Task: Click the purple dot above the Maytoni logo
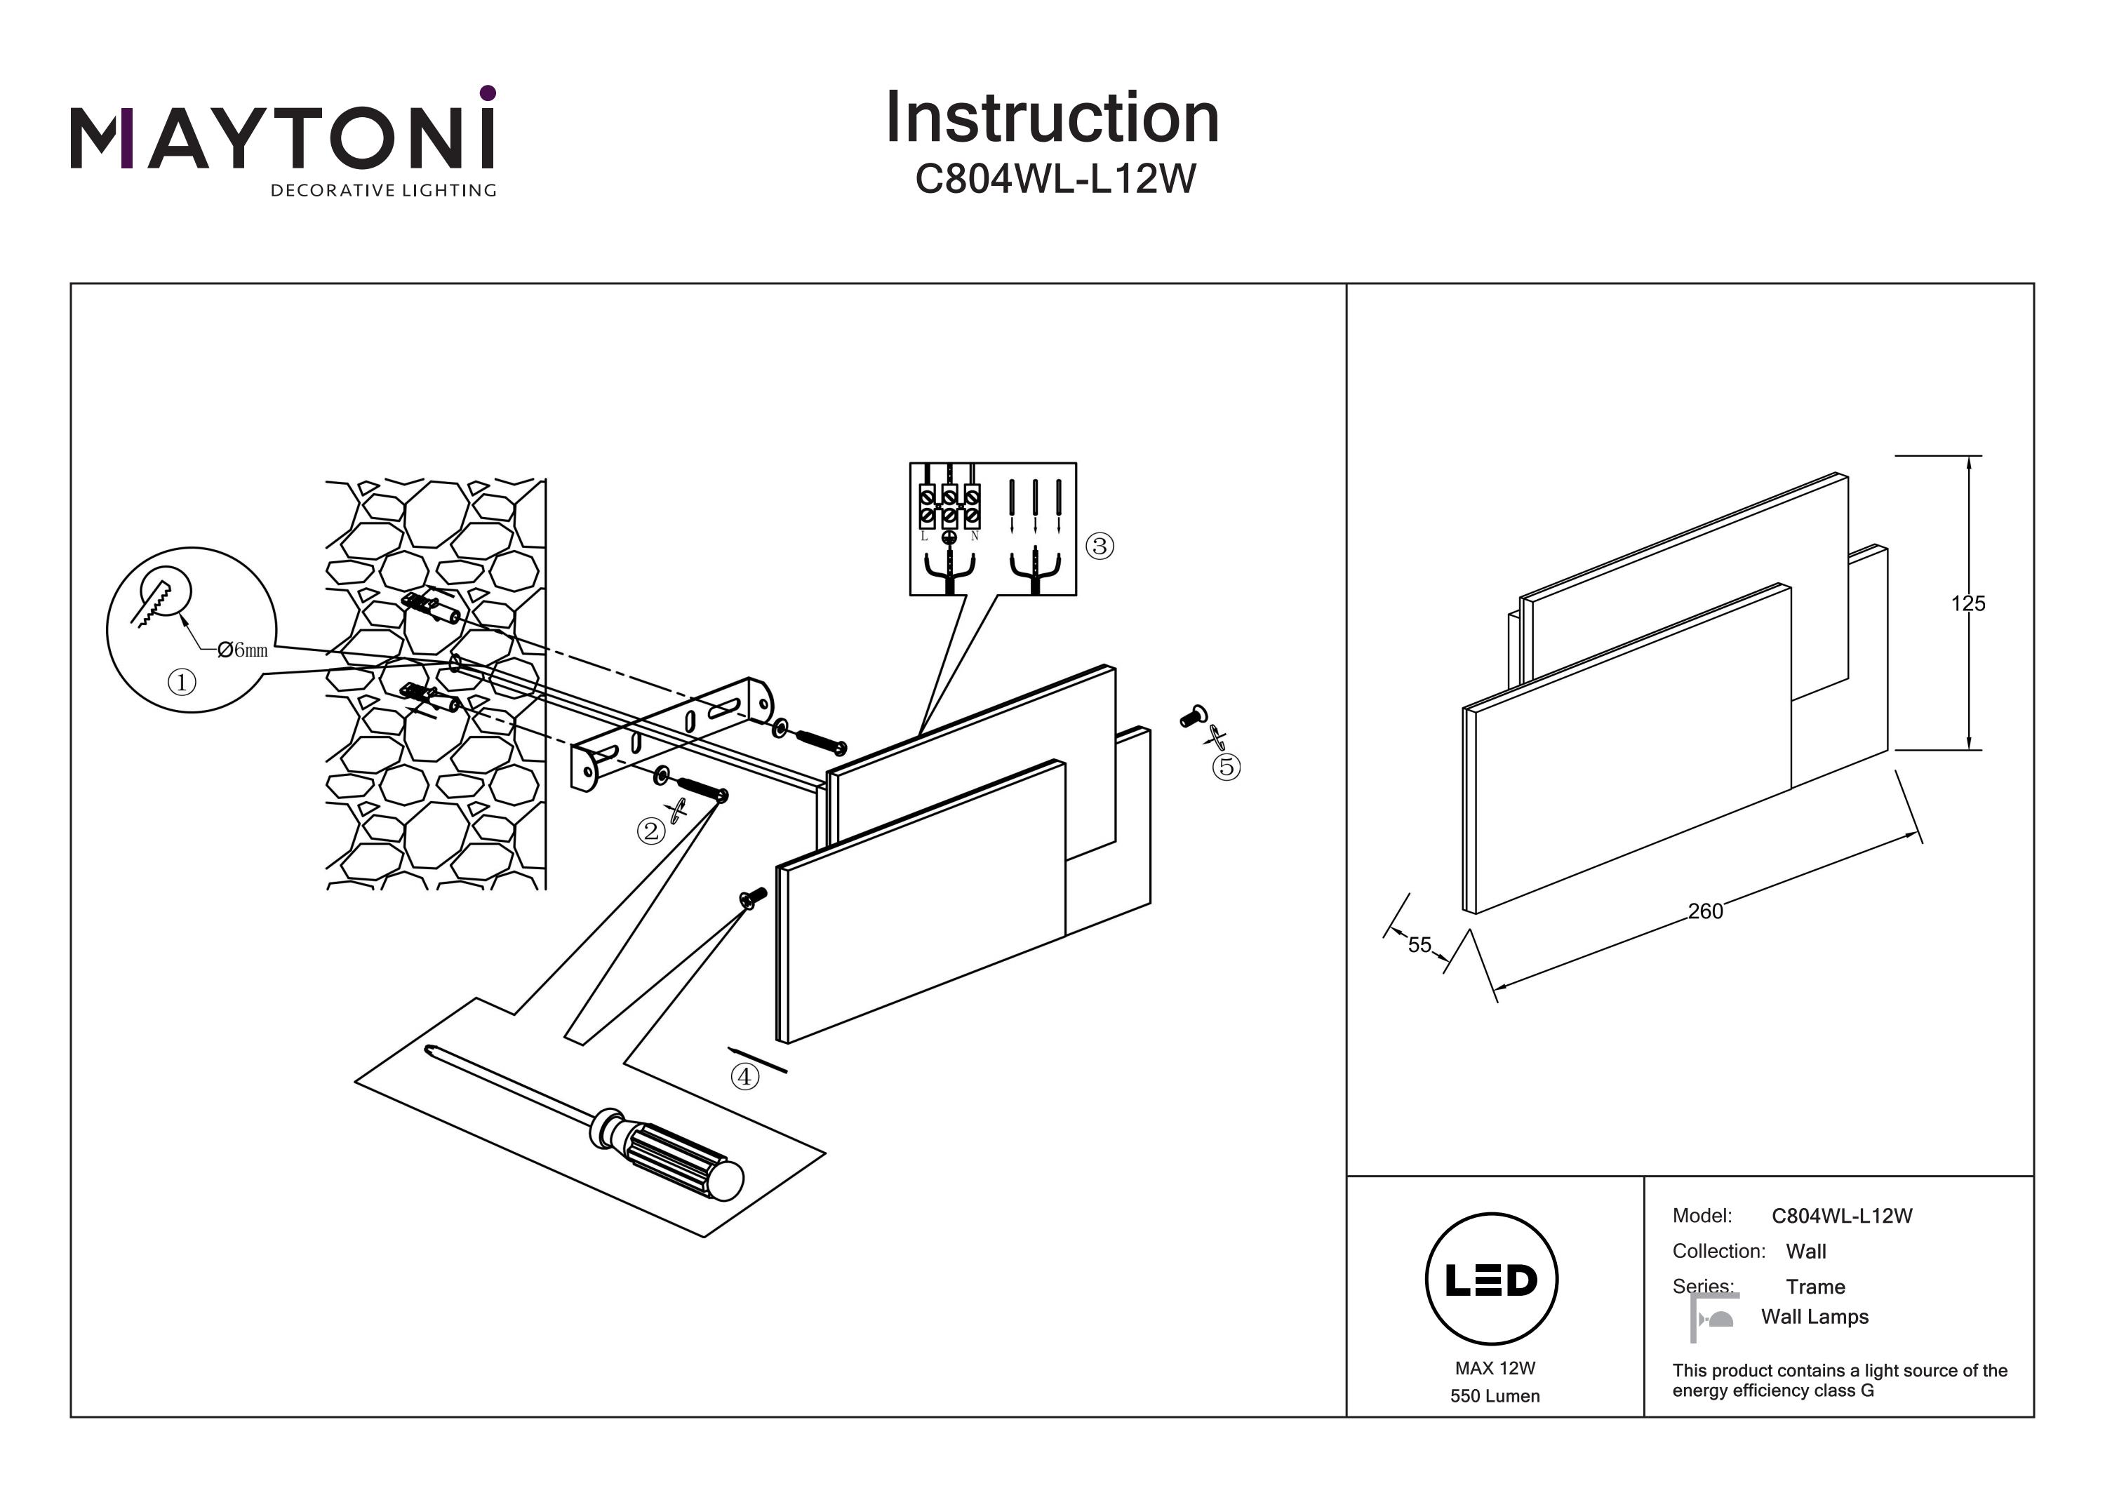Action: (x=488, y=93)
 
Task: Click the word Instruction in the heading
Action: (x=1052, y=119)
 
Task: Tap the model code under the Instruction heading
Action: (x=1055, y=179)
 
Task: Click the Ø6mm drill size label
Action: (x=243, y=650)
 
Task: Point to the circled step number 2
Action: (x=651, y=831)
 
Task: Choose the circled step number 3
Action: (x=1100, y=547)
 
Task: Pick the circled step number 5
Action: (x=1226, y=767)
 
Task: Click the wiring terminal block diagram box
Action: (x=992, y=529)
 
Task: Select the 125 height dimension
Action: (x=1967, y=603)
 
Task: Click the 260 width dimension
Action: (x=1705, y=911)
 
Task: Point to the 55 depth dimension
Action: (x=1419, y=944)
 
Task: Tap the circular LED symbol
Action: (x=1492, y=1279)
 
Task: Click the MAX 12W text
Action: (x=1495, y=1368)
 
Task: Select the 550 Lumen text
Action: (x=1495, y=1396)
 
